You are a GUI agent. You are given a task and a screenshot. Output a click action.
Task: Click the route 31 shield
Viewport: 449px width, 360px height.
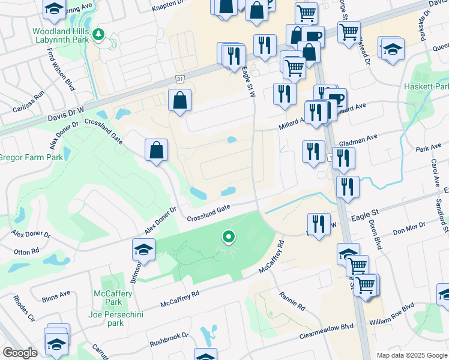(180, 79)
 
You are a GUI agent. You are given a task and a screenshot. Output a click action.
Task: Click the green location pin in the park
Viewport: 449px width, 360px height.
(228, 238)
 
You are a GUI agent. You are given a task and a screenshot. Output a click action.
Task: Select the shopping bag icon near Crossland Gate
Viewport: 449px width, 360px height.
(156, 149)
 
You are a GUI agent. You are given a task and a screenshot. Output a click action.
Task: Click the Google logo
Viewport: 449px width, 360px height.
(20, 353)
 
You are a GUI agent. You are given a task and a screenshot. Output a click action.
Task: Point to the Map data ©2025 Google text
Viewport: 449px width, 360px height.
(411, 355)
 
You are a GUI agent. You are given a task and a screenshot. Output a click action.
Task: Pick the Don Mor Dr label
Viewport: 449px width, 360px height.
(409, 229)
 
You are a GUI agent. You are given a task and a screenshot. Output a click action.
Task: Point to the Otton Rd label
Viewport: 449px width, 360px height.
(26, 251)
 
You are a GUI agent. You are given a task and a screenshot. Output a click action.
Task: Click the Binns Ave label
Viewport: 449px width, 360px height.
(56, 295)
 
